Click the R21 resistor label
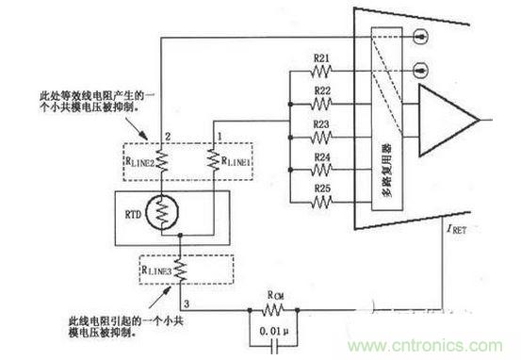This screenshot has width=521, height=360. [x=321, y=58]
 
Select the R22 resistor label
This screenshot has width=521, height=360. [x=321, y=90]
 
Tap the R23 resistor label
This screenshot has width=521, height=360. [x=321, y=123]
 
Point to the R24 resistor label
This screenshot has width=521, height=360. [x=321, y=155]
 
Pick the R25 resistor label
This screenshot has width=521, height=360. [x=321, y=188]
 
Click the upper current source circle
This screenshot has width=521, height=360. [x=416, y=40]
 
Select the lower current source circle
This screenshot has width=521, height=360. [x=416, y=70]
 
